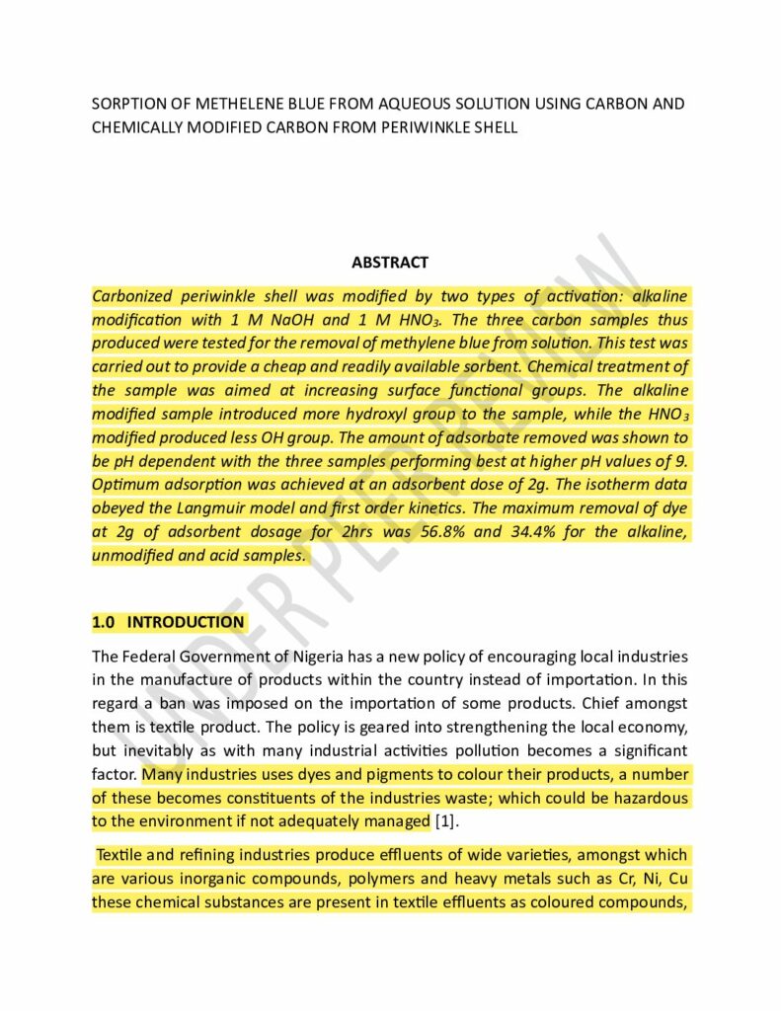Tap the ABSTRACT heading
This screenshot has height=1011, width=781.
point(390,263)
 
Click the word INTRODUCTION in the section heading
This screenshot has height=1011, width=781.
point(186,622)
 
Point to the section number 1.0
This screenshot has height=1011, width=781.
point(104,622)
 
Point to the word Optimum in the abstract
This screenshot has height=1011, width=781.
point(122,485)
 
